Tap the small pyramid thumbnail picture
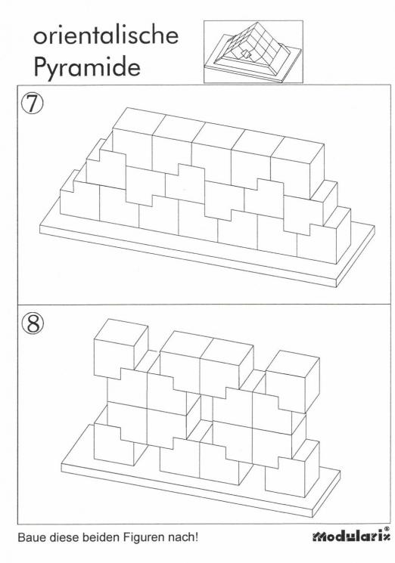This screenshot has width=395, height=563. click(x=253, y=51)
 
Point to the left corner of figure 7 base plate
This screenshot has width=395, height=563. click(x=39, y=225)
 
